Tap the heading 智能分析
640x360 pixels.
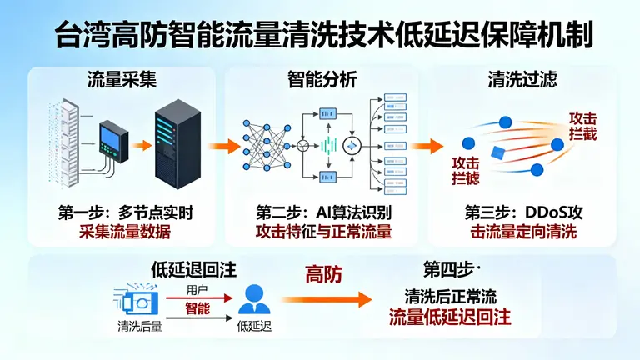pyautogui.click(x=322, y=81)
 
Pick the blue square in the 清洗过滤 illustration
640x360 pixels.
pyautogui.click(x=499, y=152)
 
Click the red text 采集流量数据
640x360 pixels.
pyautogui.click(x=122, y=232)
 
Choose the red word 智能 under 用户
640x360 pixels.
pyautogui.click(x=197, y=308)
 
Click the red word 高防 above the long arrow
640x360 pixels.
pyautogui.click(x=322, y=274)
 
